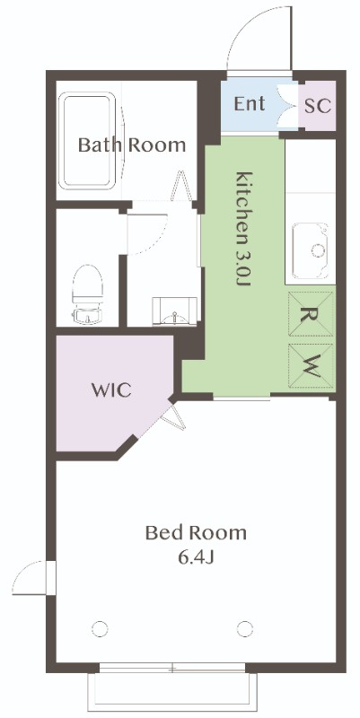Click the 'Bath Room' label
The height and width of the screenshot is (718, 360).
[x=132, y=144]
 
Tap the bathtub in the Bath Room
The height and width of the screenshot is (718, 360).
[x=87, y=140]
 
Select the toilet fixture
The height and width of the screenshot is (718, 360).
[x=87, y=294]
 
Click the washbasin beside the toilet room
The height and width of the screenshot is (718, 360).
[x=174, y=311]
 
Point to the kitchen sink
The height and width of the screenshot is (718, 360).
[x=311, y=250]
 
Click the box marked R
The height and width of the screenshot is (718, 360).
[x=310, y=314]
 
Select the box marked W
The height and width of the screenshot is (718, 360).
[x=310, y=365]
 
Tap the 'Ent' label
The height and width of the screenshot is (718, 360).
[x=250, y=104]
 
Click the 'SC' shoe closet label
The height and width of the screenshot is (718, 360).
[x=318, y=106]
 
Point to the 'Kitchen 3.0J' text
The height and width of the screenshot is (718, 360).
[x=243, y=228]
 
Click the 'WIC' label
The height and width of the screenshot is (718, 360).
[x=111, y=390]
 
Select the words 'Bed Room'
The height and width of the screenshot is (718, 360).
[x=196, y=533]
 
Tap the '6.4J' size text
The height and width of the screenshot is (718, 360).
[x=196, y=557]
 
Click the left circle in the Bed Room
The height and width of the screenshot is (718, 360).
[x=100, y=629]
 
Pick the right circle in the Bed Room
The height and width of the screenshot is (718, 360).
[x=245, y=629]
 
